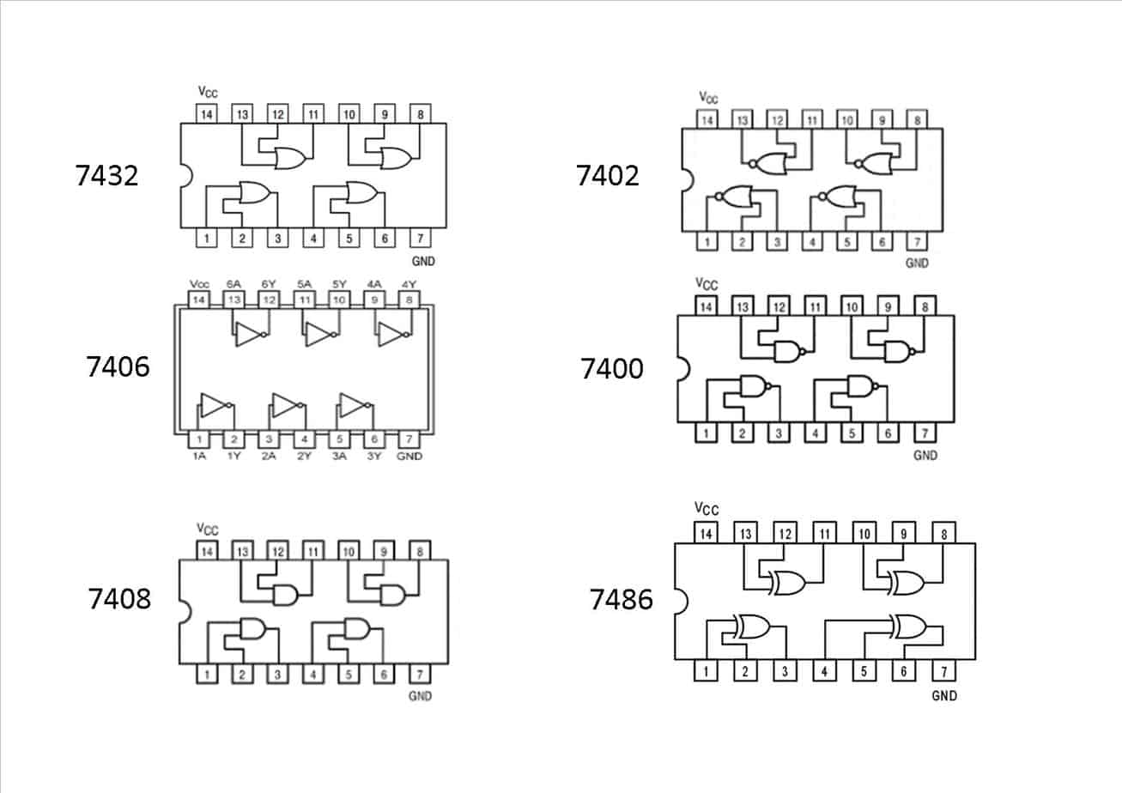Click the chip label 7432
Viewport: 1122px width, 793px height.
click(x=107, y=176)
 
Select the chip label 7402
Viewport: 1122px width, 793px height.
click(x=608, y=176)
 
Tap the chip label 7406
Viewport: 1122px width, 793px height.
click(x=118, y=367)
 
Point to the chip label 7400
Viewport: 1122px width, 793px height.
click(x=611, y=369)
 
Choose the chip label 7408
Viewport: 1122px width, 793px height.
click(x=119, y=598)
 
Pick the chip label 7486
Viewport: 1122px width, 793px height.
click(x=621, y=599)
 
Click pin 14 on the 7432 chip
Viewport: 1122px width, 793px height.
click(x=206, y=114)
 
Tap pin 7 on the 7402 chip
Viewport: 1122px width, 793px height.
click(x=917, y=242)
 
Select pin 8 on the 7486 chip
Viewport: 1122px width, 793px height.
click(x=944, y=534)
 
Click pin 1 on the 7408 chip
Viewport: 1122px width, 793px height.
click(x=206, y=675)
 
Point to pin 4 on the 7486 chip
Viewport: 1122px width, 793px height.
click(x=824, y=671)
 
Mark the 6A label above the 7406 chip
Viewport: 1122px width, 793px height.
click(x=233, y=284)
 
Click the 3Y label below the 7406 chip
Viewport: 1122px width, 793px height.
click(x=374, y=457)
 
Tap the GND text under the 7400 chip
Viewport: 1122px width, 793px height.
click(x=925, y=456)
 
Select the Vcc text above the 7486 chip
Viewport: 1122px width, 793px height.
click(x=707, y=510)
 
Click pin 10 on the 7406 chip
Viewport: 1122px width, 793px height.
click(x=339, y=300)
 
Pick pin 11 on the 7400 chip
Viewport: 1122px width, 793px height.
click(x=815, y=306)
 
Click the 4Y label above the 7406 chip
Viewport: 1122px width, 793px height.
click(x=409, y=284)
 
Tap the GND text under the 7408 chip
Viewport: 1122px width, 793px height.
click(x=419, y=696)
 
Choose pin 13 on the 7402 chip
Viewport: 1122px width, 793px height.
click(x=741, y=120)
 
